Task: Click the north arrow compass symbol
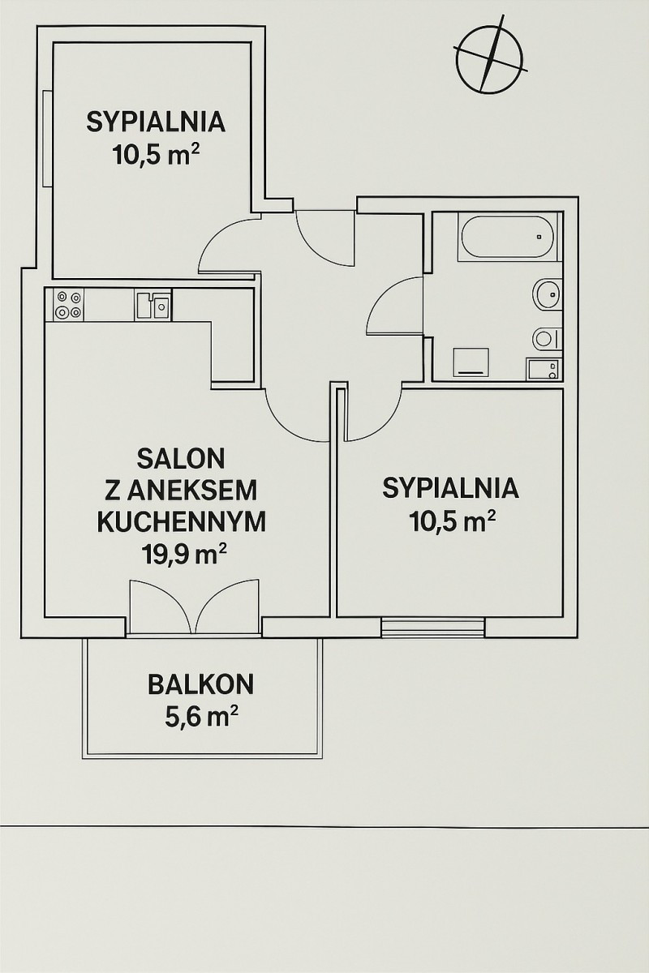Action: point(489,58)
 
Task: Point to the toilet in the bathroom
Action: point(547,338)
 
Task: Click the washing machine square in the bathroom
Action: point(471,362)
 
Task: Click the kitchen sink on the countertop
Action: point(153,306)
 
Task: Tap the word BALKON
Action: point(201,684)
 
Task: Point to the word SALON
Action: point(181,459)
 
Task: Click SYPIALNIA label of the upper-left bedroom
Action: point(156,122)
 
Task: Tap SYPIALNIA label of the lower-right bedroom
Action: point(451,488)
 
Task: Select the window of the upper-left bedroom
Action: point(47,139)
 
